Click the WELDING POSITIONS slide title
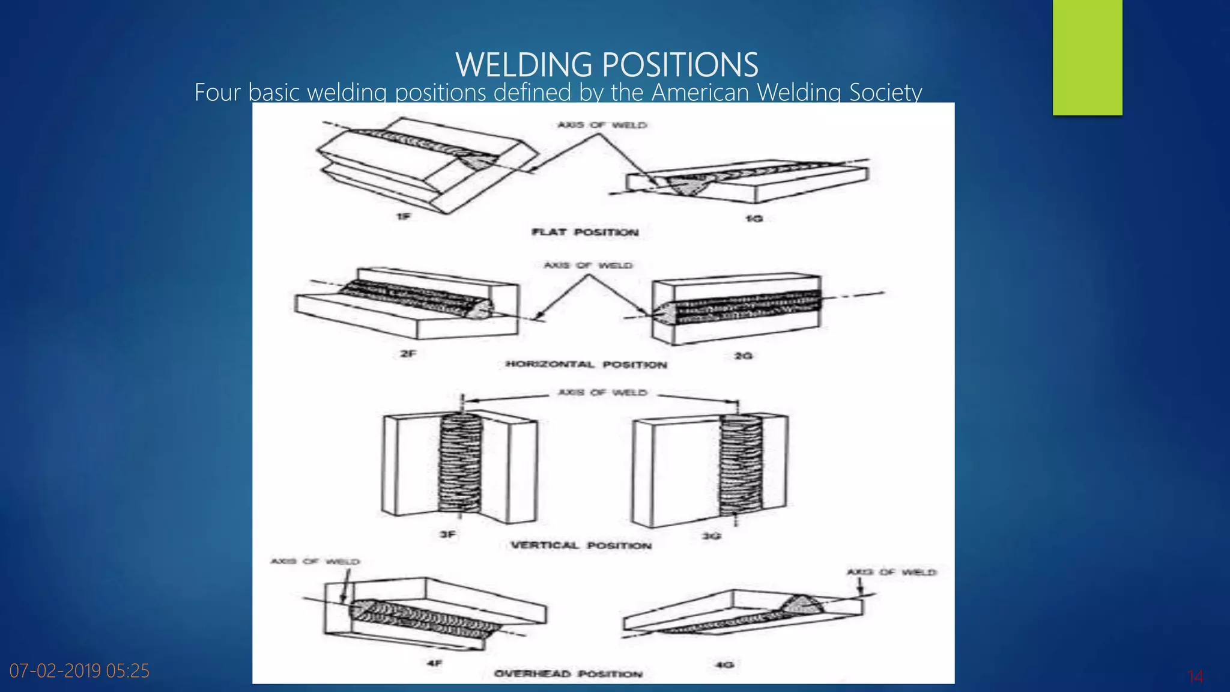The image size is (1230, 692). (607, 64)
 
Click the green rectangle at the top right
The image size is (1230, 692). (1087, 57)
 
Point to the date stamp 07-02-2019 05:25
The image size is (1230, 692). (79, 670)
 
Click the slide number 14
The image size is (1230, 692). (1195, 677)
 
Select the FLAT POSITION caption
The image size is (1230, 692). (585, 232)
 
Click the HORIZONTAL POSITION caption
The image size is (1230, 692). (586, 365)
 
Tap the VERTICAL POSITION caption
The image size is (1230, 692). (581, 545)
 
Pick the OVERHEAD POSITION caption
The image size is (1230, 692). (568, 674)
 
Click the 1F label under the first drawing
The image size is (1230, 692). (404, 216)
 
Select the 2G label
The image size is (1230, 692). (744, 356)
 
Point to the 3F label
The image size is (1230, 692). (448, 534)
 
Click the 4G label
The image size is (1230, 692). (725, 664)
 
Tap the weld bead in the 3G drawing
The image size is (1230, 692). (741, 466)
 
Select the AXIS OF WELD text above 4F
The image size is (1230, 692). (315, 562)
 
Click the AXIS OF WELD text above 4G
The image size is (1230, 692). (891, 572)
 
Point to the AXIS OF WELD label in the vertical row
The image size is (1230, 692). (602, 392)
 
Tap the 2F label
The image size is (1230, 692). (408, 354)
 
